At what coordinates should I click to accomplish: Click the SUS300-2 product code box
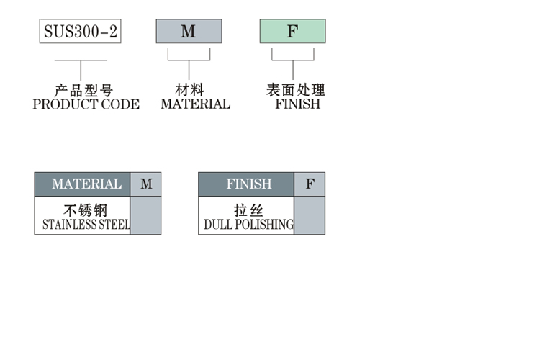[80, 31]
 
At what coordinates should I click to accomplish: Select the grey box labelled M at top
[189, 31]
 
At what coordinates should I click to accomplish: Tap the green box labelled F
[292, 31]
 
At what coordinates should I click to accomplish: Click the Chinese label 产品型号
[84, 91]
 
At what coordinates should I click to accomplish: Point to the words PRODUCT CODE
[86, 104]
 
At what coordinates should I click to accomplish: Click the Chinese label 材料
[190, 91]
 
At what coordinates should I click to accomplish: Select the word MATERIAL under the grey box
[195, 104]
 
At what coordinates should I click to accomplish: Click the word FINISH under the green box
[297, 104]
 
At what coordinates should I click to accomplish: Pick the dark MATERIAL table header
[83, 184]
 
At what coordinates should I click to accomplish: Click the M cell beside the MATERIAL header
[146, 184]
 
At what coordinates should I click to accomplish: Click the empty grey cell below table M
[146, 215]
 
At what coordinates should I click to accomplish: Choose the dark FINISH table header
[246, 184]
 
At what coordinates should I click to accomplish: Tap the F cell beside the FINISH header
[310, 184]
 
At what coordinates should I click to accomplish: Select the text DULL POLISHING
[248, 225]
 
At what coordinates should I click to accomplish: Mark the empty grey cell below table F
[310, 215]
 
